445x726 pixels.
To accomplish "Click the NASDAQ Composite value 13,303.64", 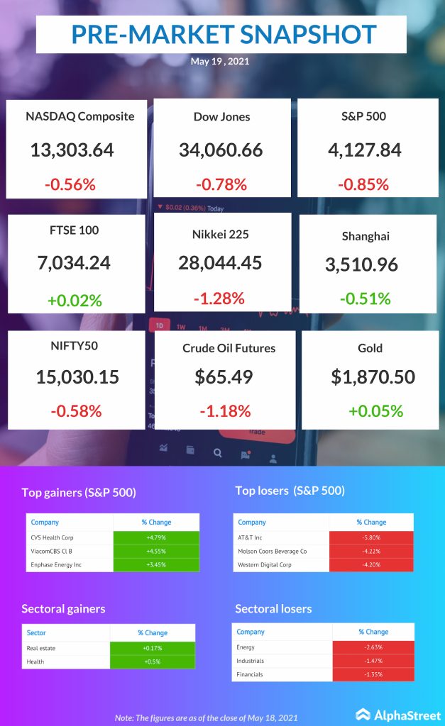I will (x=72, y=150).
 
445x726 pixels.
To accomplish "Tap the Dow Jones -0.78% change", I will (x=220, y=185).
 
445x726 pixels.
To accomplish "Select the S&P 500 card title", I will (x=362, y=116).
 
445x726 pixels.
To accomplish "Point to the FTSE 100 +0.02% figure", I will (x=75, y=300).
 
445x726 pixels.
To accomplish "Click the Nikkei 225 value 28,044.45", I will (x=220, y=263).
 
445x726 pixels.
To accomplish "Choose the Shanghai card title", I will (x=367, y=236).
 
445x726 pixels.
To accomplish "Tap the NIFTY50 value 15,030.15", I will (x=77, y=376).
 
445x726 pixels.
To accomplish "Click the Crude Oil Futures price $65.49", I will (x=224, y=376).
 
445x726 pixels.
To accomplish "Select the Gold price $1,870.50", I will (x=373, y=376).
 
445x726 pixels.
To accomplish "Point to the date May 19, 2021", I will (x=220, y=61).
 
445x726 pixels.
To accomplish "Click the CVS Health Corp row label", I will (x=53, y=537).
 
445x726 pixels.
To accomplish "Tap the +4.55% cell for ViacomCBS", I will (x=155, y=551).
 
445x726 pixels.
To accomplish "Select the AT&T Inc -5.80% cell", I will (x=370, y=537).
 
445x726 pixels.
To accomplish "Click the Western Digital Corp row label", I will (x=265, y=564).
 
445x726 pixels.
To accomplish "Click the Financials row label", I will (x=250, y=674).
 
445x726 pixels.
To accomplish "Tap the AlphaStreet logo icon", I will (x=363, y=715).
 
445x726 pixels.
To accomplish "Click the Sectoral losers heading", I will (x=273, y=608).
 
